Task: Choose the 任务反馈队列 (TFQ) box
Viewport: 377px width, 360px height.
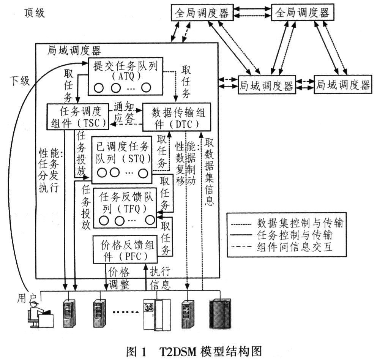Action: pos(124,208)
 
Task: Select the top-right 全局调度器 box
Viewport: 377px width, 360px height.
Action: pos(303,13)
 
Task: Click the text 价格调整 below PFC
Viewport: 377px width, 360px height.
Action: pos(119,278)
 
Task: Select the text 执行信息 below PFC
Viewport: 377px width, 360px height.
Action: pos(160,278)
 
